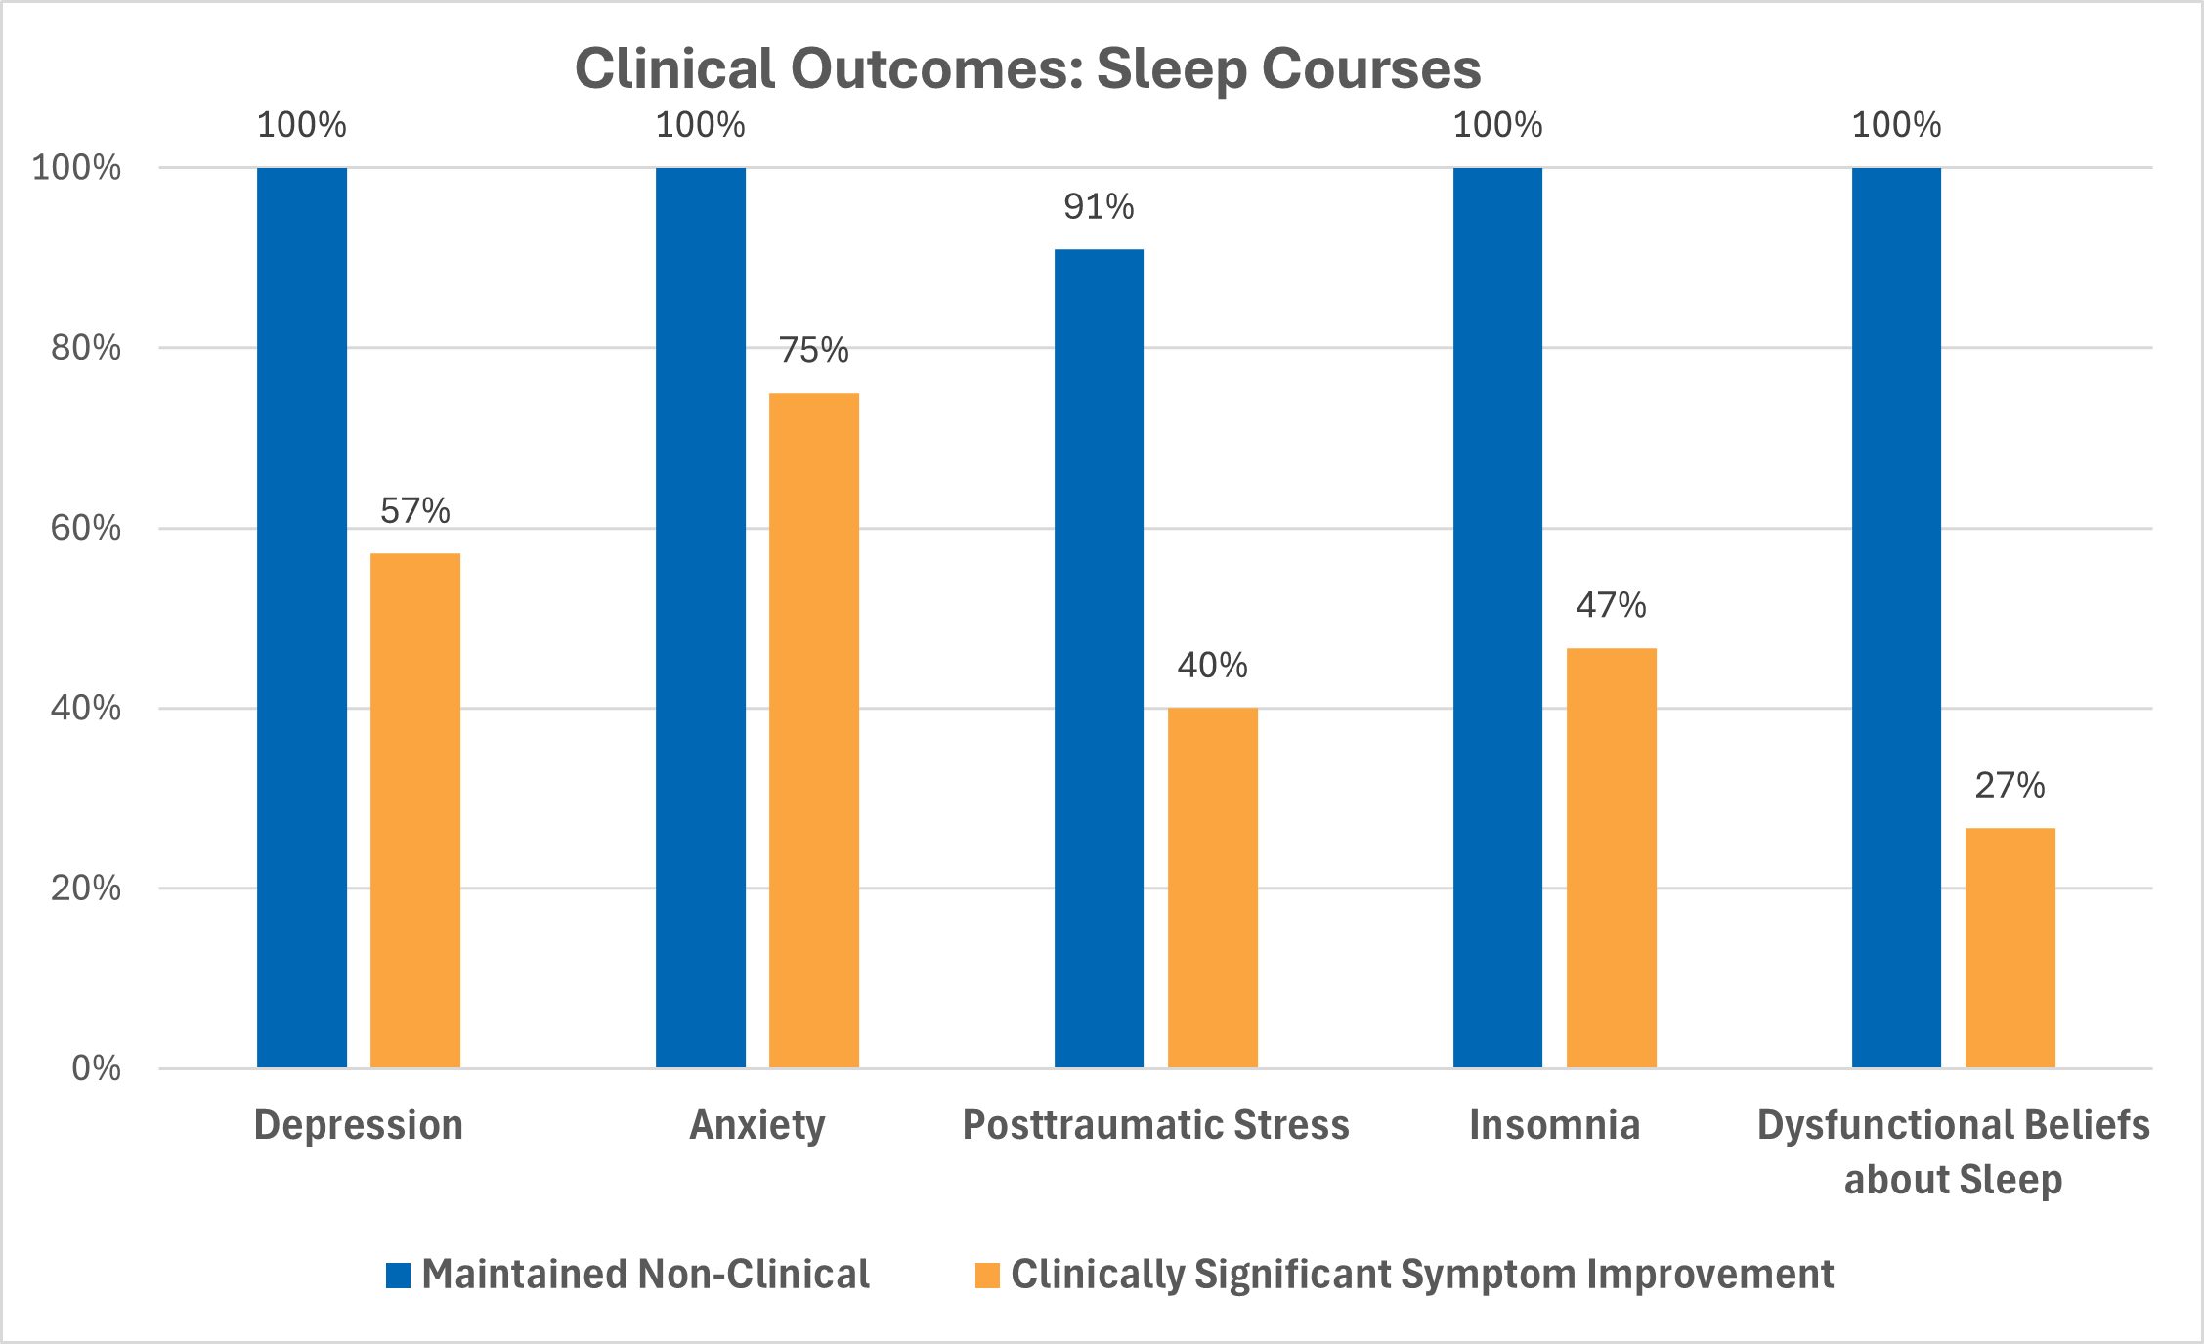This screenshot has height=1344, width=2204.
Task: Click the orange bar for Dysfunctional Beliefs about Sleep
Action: [x=2010, y=947]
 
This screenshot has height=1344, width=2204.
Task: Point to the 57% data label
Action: [x=415, y=511]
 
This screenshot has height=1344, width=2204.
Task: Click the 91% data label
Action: [x=1099, y=207]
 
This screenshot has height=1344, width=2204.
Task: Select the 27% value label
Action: [x=2010, y=786]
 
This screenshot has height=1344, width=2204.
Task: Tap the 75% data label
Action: [x=814, y=351]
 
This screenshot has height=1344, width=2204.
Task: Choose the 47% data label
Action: [x=1612, y=606]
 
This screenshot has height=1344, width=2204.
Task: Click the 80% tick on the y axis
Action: [x=86, y=348]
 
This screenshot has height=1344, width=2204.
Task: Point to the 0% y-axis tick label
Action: [x=96, y=1068]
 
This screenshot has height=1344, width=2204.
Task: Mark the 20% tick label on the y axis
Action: [x=86, y=889]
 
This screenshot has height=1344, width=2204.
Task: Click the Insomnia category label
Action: [x=1555, y=1125]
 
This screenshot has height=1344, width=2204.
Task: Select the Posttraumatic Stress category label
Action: [x=1156, y=1125]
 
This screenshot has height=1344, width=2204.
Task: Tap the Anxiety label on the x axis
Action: [x=757, y=1125]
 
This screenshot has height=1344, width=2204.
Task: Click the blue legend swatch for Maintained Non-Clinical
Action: [x=398, y=1276]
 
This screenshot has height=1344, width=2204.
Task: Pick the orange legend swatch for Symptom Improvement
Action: [x=987, y=1276]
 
